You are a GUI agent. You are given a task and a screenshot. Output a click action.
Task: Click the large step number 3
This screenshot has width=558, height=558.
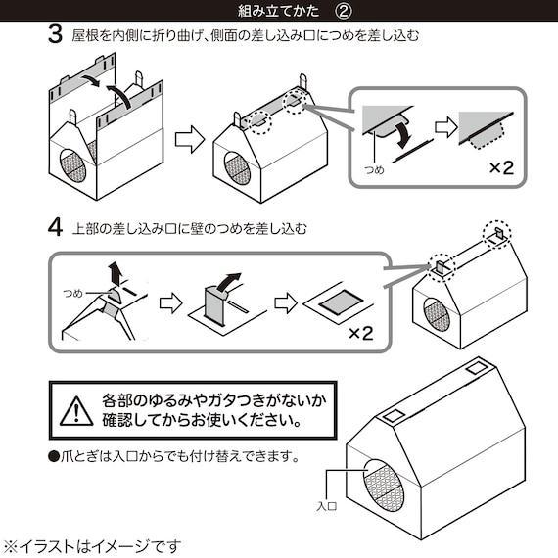55,37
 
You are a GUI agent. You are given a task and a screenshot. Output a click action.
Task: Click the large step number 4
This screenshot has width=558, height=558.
55,230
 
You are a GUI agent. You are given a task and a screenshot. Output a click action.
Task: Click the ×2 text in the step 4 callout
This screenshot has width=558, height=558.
360,333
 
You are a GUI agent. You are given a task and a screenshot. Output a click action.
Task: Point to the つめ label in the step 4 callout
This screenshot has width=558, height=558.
72,293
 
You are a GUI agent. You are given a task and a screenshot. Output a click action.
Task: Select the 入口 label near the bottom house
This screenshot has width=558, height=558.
326,507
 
